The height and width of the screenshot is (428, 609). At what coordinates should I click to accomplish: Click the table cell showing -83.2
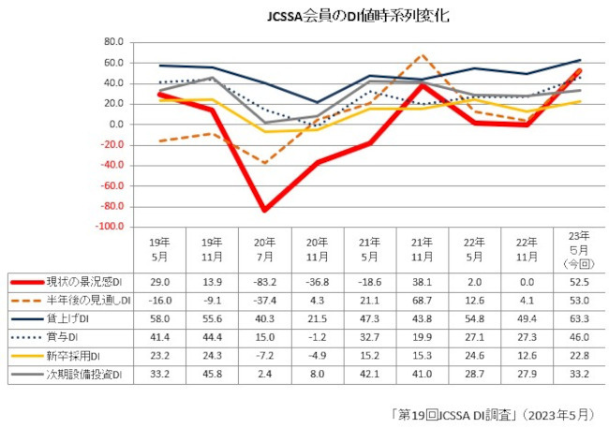[265, 282]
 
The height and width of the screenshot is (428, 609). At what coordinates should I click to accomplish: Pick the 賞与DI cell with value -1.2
[318, 337]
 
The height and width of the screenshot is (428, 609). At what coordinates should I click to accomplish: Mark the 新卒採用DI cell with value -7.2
[265, 356]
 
